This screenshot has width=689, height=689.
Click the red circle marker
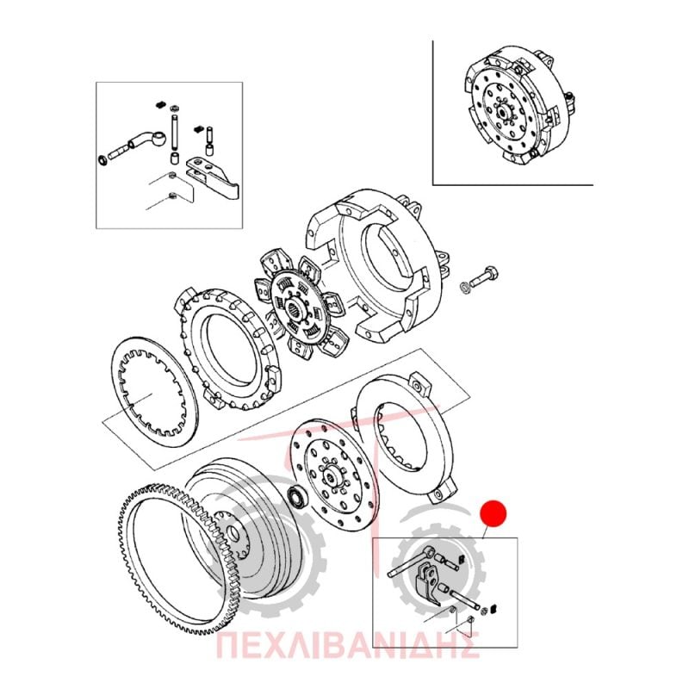[493, 513]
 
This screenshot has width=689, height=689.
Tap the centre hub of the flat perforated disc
[332, 475]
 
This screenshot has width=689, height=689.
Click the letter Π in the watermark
[231, 645]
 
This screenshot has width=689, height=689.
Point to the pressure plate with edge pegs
[227, 350]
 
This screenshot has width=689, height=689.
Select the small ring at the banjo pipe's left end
[102, 159]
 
